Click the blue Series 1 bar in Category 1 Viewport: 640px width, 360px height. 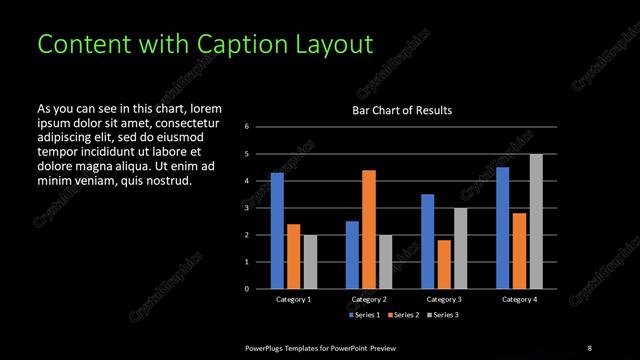coord(277,230)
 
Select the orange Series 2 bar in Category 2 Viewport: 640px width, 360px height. coord(369,229)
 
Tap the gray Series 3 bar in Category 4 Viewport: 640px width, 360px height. coord(536,221)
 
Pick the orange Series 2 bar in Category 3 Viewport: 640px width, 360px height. coord(444,264)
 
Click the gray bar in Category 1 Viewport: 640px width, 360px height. coord(310,261)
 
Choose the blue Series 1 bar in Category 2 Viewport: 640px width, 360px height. coord(352,254)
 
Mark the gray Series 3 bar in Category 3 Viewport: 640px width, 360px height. coord(460,248)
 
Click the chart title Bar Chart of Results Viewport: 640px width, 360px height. coord(403,110)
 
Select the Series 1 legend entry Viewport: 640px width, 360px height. coord(364,315)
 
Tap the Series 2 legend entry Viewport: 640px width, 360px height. coord(402,315)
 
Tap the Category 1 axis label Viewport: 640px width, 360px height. coord(293,299)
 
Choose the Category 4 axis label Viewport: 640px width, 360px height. coord(519,299)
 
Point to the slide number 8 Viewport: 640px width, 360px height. coord(589,347)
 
